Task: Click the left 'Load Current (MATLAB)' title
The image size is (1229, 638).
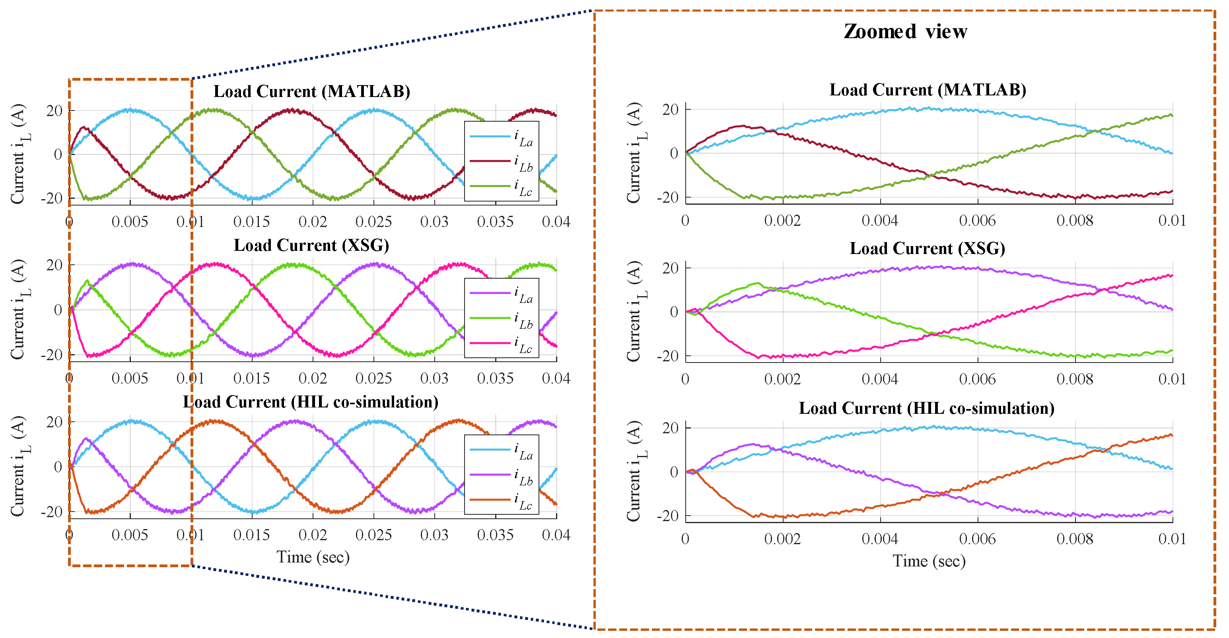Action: point(311,91)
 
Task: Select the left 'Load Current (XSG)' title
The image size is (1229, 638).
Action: point(311,246)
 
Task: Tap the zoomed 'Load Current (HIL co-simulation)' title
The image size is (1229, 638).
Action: point(926,408)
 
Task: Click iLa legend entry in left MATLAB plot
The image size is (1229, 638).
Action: point(501,137)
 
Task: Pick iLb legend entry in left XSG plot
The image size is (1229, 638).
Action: point(501,319)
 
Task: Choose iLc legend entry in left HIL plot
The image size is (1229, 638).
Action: point(501,500)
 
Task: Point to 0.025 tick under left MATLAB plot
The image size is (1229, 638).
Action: point(373,222)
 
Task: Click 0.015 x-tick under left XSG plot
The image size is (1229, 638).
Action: point(251,378)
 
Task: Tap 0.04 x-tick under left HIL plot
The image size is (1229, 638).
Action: point(556,535)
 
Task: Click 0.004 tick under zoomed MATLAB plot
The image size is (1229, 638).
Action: point(880,221)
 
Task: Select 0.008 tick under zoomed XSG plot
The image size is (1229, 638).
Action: point(1074,380)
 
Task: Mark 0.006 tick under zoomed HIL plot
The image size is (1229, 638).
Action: point(977,539)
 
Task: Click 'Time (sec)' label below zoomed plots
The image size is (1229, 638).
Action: point(929,561)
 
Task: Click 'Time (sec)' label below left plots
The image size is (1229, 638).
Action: point(313,557)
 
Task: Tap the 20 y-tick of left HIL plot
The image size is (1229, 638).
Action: point(54,422)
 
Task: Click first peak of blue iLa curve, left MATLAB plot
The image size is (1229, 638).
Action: point(129,110)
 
